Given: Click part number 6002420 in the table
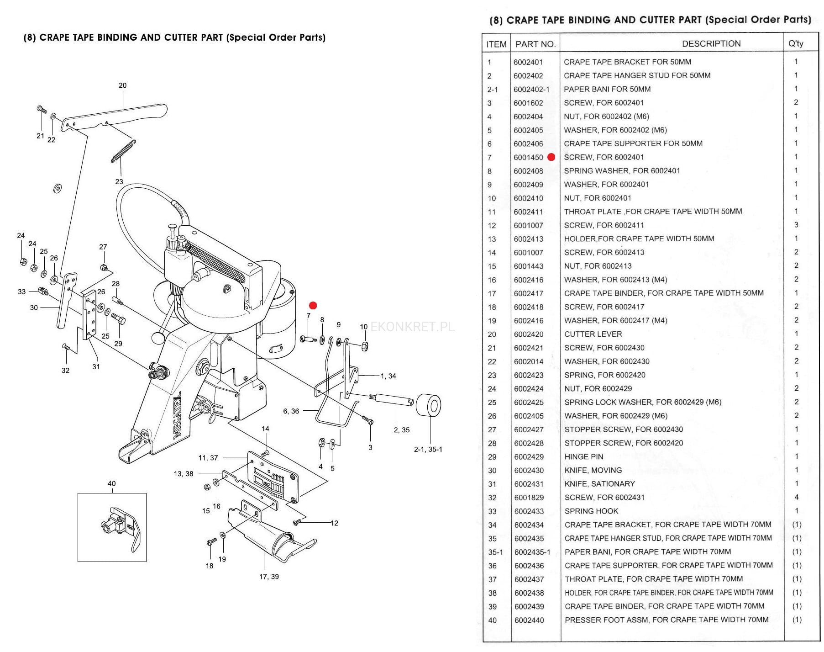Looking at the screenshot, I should (x=529, y=334).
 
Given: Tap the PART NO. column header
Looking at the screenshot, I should (x=535, y=44).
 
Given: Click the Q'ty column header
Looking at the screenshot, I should (x=796, y=44).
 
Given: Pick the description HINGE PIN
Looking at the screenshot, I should (x=583, y=457).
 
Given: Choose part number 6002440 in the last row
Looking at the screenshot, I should (x=529, y=620).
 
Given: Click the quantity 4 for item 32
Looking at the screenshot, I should (x=797, y=497).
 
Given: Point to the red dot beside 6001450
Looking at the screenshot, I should (x=551, y=157).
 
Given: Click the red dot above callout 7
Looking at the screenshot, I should (x=313, y=305).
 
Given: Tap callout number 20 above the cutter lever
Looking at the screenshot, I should (x=122, y=85).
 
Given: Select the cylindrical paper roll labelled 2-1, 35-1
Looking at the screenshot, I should (x=429, y=405).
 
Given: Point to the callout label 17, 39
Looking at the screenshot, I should (x=269, y=577).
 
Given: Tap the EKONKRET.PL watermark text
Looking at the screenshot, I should (x=412, y=327).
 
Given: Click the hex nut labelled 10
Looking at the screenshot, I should (x=365, y=346).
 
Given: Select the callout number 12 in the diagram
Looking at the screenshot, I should (x=335, y=523).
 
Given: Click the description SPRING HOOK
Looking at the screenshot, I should (x=591, y=511).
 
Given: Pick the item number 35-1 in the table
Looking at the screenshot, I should (x=495, y=552).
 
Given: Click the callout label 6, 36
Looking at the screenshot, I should (x=291, y=411).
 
